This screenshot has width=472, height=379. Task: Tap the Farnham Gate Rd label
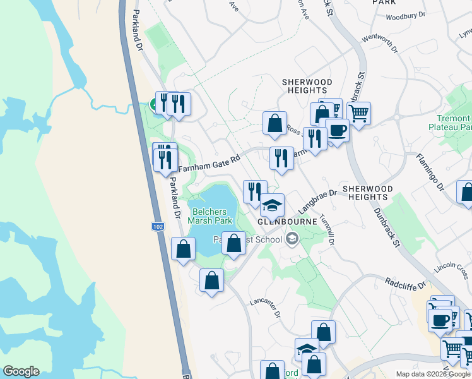pos(209,165)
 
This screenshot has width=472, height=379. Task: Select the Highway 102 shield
pos(158,226)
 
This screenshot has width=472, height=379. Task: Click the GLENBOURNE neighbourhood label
pos(282,222)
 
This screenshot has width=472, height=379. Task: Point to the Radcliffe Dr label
pos(406,284)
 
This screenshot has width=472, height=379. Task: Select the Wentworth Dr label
pos(381,44)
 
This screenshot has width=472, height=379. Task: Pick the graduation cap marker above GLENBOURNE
pos(273,205)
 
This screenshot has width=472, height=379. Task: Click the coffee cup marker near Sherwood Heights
pos(336,131)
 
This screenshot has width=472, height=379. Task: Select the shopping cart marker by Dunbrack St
pos(358,114)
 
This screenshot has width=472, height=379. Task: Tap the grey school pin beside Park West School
pos(292,239)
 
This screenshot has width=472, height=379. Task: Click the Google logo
pos(21,371)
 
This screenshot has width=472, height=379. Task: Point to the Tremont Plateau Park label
pos(453,123)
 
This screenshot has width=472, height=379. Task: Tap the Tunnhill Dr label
pos(326,228)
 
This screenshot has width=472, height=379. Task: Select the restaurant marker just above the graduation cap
pos(254,192)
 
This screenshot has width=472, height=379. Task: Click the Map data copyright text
pos(433,374)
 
